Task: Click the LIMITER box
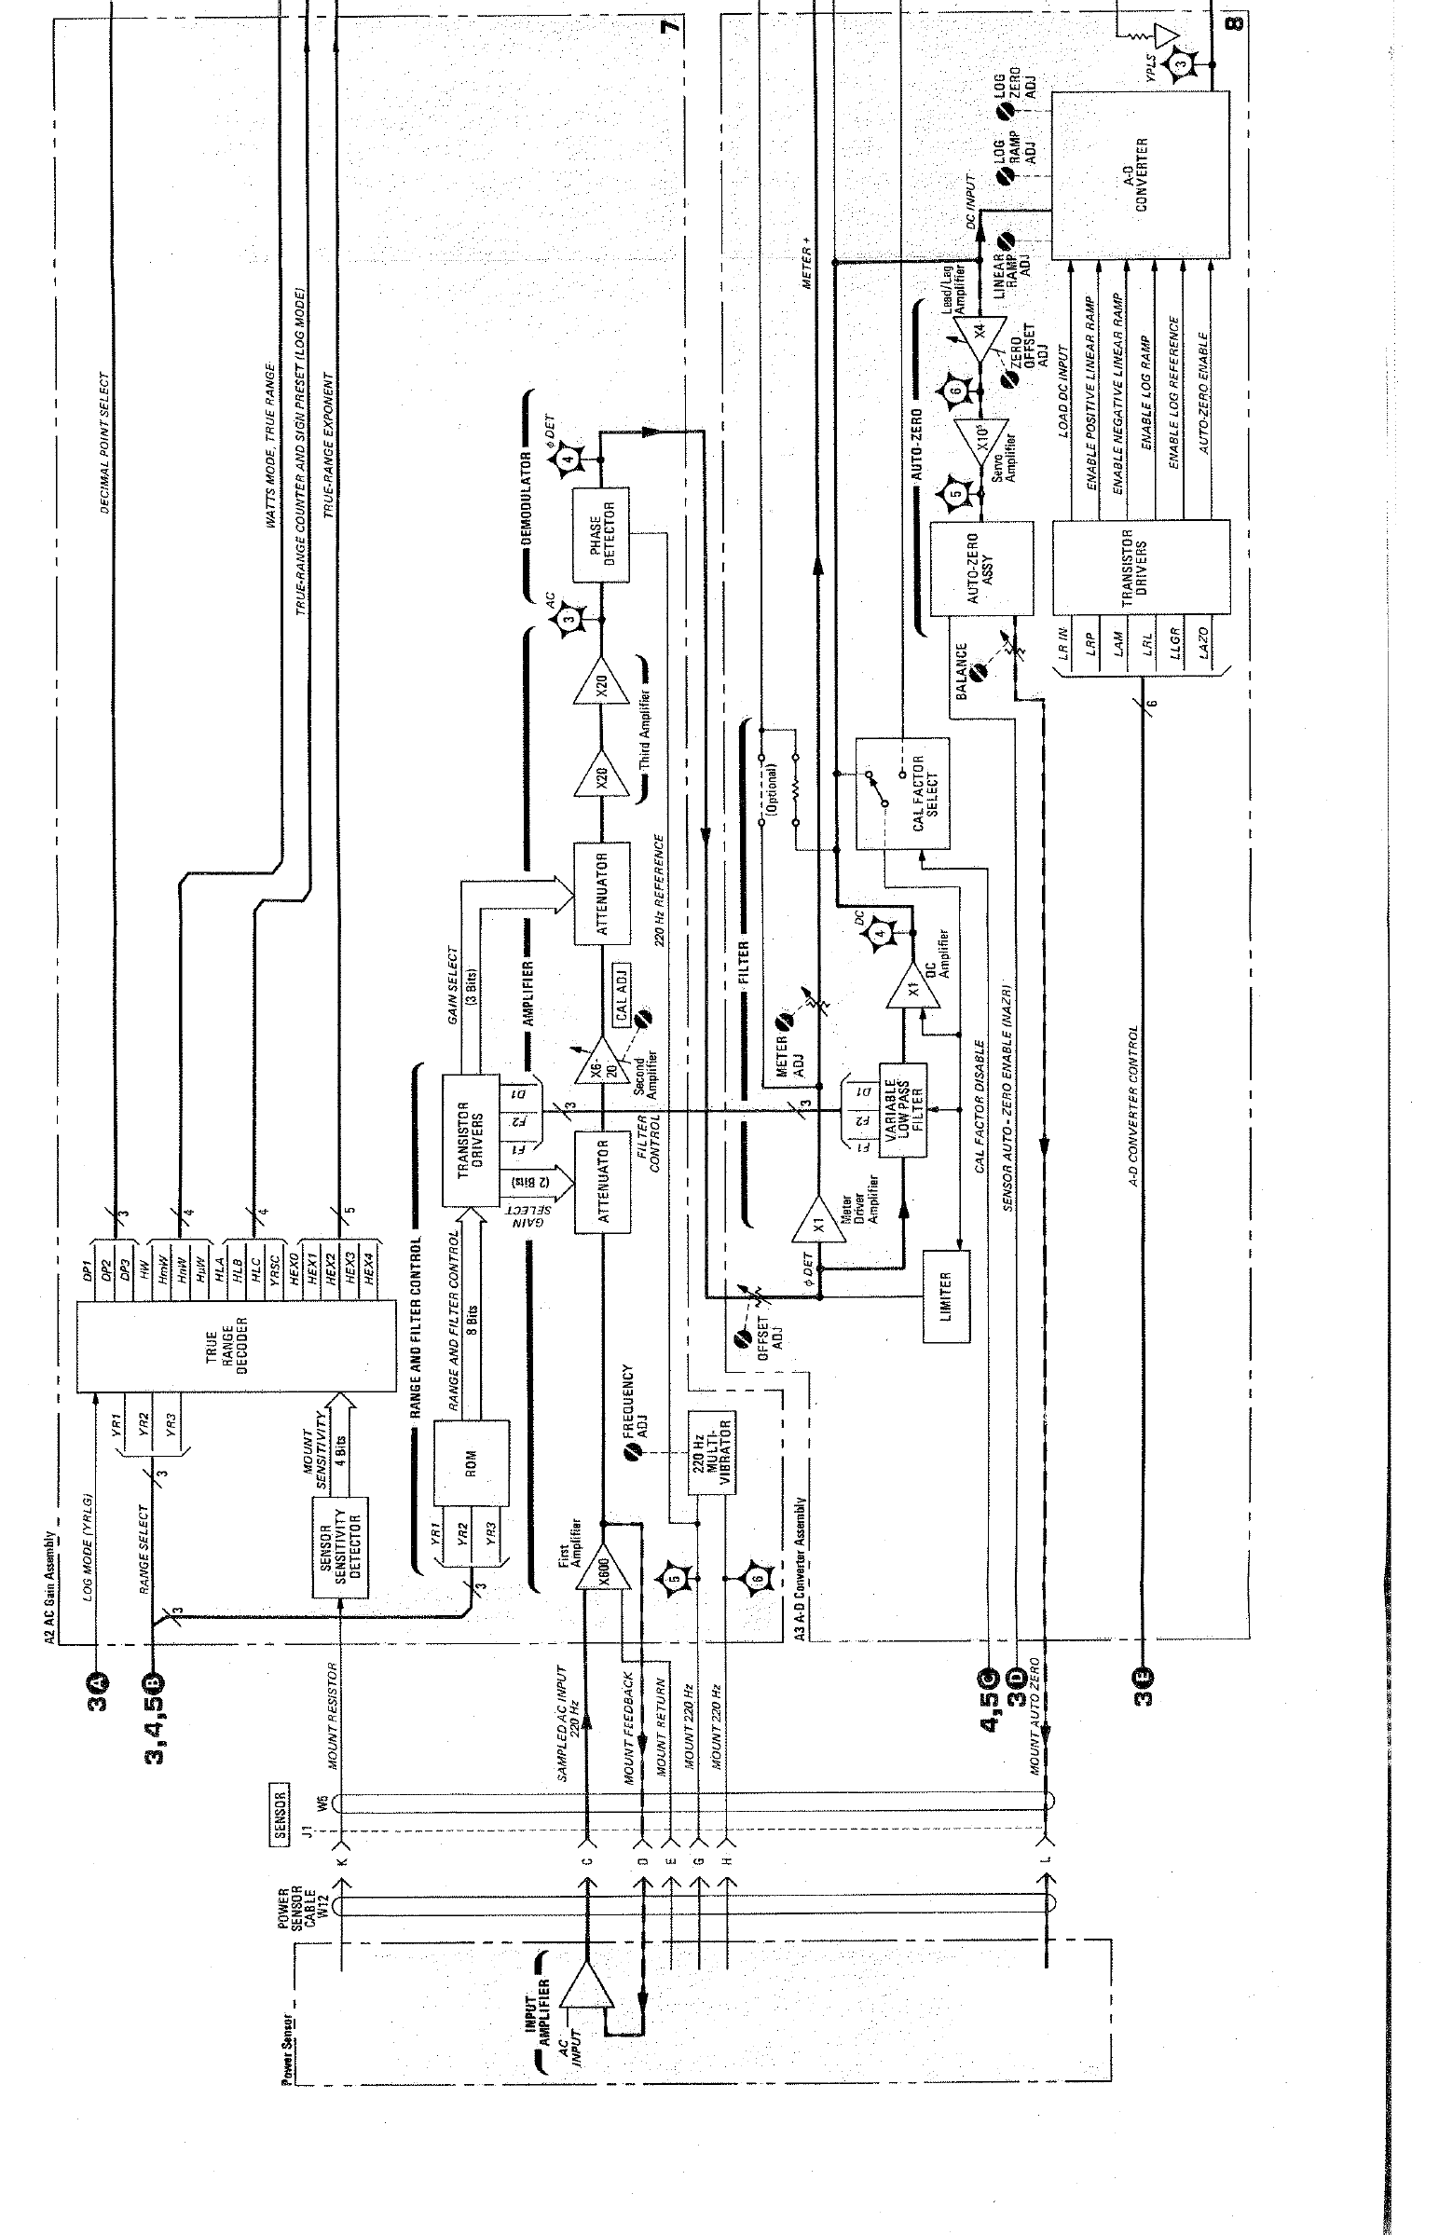click(x=947, y=1295)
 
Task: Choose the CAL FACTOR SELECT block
click(x=904, y=793)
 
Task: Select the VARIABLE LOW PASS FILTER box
click(x=902, y=1110)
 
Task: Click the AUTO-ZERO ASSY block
click(x=981, y=569)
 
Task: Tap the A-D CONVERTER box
click(x=1141, y=174)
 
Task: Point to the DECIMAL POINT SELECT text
click(x=103, y=444)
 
